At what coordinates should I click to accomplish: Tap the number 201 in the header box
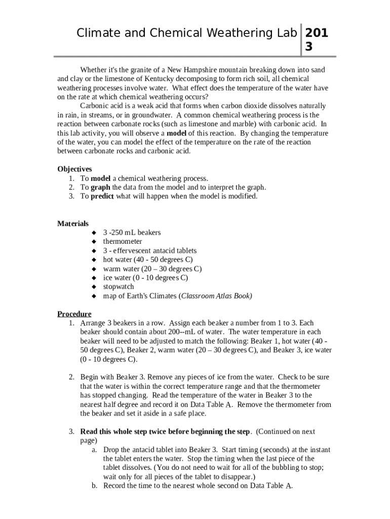316,33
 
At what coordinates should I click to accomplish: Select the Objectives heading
74,169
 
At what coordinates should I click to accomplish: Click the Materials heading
73,224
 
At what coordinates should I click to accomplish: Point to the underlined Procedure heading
74,314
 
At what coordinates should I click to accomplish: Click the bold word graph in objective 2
100,188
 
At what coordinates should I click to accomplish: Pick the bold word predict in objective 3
102,197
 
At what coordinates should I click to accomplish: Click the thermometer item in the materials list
123,242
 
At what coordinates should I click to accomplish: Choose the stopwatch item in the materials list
119,287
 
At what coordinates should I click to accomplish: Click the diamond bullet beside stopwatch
94,287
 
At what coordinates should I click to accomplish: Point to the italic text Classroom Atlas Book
216,296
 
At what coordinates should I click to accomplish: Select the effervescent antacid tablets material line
150,251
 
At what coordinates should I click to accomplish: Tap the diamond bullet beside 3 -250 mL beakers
94,233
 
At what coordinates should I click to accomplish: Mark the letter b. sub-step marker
95,486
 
